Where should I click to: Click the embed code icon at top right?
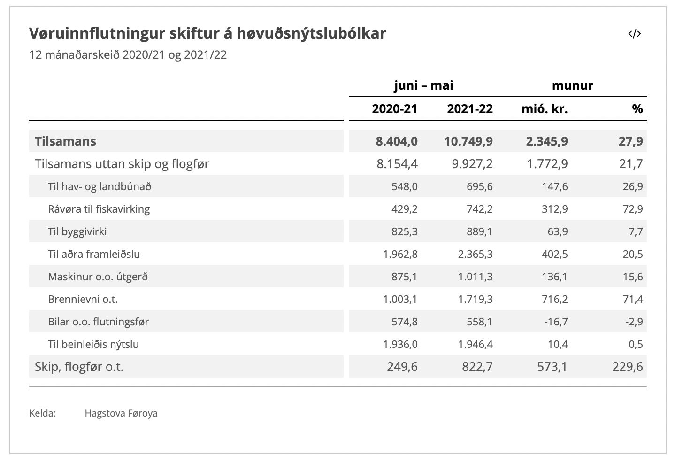[x=634, y=34]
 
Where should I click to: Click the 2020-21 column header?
[x=394, y=109]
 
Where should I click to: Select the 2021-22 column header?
[x=470, y=109]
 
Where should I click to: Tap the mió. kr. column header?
[x=545, y=109]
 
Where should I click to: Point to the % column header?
[x=637, y=109]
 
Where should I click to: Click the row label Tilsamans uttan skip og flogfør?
[x=122, y=164]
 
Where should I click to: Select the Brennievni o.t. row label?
[x=83, y=299]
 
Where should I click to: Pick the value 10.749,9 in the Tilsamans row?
[x=468, y=141]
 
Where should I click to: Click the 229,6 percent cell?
[x=628, y=367]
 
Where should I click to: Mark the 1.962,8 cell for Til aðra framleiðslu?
[x=400, y=254]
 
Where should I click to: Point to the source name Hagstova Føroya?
[x=121, y=413]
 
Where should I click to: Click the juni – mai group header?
[x=423, y=85]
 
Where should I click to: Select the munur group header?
[x=572, y=85]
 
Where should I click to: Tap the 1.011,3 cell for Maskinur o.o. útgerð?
[x=475, y=277]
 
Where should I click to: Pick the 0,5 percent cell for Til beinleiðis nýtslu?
[x=636, y=344]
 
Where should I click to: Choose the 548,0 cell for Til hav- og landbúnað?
[x=405, y=186]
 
